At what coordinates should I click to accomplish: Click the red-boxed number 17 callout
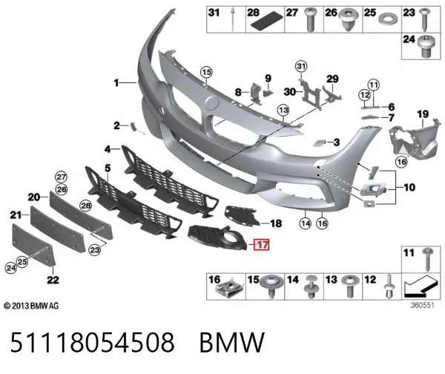pyautogui.click(x=261, y=245)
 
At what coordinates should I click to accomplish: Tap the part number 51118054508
pyautogui.click(x=92, y=343)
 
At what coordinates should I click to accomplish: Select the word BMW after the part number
pyautogui.click(x=232, y=343)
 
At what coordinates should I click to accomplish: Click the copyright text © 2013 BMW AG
pyautogui.click(x=31, y=306)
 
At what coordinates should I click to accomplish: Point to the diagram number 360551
pyautogui.click(x=422, y=305)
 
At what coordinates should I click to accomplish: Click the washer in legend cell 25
pyautogui.click(x=388, y=19)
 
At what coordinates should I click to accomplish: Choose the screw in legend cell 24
pyautogui.click(x=427, y=46)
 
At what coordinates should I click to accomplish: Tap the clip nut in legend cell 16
pyautogui.click(x=229, y=288)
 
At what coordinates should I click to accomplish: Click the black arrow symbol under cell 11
pyautogui.click(x=421, y=286)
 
